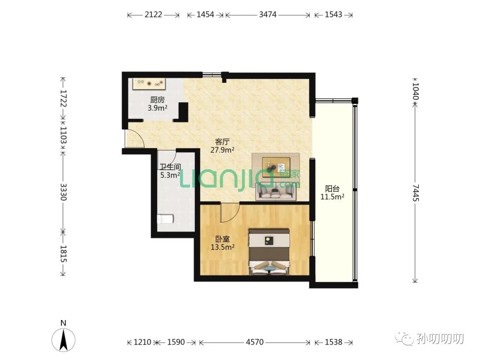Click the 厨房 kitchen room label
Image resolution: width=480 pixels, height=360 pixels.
coord(157,100)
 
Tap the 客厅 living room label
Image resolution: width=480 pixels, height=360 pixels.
coord(222,142)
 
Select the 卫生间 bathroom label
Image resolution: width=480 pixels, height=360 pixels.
coord(170,167)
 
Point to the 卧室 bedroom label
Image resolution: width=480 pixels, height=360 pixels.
coord(222,239)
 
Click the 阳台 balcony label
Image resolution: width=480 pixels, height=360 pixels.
coord(332,188)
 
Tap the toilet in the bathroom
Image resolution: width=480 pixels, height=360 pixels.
coord(165,219)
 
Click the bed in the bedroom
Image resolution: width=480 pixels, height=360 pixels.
coord(269,252)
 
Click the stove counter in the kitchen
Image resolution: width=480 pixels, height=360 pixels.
coord(149,84)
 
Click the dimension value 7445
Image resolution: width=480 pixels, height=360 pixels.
coord(415,192)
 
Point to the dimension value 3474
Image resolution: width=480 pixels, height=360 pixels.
coord(268,14)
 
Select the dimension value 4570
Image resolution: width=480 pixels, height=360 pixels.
coord(254,342)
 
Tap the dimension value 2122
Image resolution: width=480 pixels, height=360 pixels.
coord(153,14)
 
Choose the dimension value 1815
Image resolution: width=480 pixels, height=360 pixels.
coord(63,254)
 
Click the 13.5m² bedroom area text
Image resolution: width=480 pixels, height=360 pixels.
coord(223,247)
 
